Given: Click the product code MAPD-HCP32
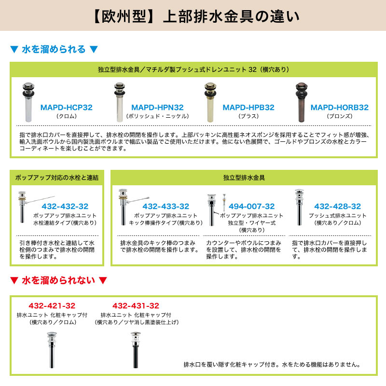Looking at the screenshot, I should [x=67, y=107].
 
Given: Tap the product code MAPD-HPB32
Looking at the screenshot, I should [x=248, y=107].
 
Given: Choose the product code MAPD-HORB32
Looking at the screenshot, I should [x=339, y=107].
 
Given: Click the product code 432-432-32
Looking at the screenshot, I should [x=65, y=206].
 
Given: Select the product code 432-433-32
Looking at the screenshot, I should [x=165, y=206].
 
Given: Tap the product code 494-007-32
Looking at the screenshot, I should [x=251, y=206].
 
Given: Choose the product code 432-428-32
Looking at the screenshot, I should [x=337, y=206].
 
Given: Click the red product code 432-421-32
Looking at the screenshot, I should [x=52, y=305].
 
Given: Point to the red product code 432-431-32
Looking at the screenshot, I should [x=136, y=305].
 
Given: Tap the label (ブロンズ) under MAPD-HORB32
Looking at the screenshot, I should [x=339, y=116].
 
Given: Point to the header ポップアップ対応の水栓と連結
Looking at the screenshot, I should [x=57, y=178].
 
